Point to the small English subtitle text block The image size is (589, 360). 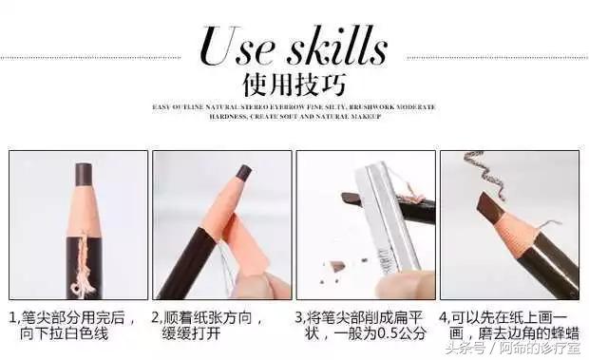coord(294,111)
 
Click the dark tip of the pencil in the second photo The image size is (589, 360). coord(243,173)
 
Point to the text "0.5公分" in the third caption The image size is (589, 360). coord(404,334)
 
